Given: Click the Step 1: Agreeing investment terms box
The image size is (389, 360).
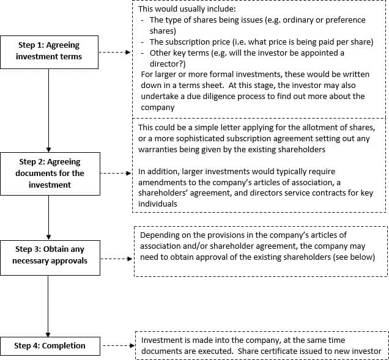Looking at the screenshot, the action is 49,52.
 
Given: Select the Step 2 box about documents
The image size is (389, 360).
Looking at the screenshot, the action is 50,174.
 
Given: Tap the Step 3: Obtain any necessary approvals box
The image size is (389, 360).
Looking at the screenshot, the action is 50,258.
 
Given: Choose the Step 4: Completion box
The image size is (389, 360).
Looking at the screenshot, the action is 50,346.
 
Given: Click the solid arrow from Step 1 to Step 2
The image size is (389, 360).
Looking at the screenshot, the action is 49,111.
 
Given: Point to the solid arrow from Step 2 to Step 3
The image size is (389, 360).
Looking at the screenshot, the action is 49,218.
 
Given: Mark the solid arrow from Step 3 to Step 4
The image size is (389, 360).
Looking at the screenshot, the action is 48,306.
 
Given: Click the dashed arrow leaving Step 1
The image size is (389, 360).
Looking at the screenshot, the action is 114,52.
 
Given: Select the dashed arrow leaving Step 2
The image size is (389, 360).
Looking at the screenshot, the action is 116,174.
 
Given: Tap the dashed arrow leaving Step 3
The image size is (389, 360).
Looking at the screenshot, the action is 116,259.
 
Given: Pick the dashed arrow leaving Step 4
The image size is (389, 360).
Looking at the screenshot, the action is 119,345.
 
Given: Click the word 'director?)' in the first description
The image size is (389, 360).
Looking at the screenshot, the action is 168,64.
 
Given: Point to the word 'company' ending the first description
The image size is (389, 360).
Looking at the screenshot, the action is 158,108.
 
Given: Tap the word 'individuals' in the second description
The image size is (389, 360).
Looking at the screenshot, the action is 158,204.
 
